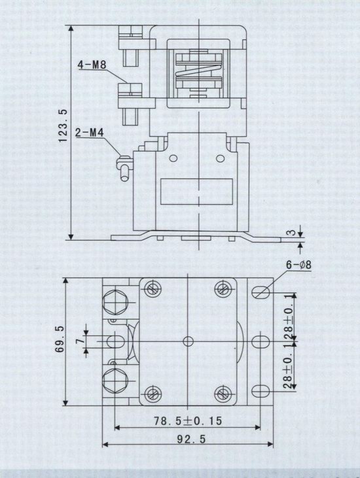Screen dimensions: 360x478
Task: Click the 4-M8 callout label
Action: tap(92, 65)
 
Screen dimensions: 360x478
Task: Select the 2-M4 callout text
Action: tap(90, 133)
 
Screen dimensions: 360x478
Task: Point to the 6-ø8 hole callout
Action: tap(298, 265)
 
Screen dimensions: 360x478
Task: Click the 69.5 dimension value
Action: tap(60, 339)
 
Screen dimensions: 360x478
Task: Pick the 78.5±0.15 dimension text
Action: tap(188, 421)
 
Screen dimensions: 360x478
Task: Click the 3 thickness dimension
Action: tap(292, 232)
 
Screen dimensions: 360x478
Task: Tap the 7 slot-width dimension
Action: tap(80, 341)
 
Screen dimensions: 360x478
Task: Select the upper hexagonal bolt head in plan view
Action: tap(115, 301)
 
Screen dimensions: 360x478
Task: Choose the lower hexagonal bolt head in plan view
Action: tap(115, 381)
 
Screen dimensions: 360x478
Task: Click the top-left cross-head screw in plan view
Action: tap(153, 288)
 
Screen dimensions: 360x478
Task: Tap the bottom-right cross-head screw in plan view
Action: tap(224, 394)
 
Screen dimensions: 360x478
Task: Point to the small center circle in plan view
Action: tap(189, 341)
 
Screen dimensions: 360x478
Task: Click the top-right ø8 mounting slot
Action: tap(261, 293)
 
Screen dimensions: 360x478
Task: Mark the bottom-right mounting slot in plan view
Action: tap(261, 390)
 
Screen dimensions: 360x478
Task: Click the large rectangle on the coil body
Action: tap(196, 192)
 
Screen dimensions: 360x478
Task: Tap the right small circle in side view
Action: tap(221, 158)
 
